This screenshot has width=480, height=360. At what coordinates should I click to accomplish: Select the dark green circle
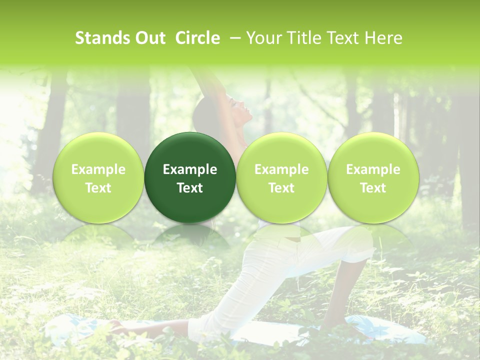click(x=190, y=177)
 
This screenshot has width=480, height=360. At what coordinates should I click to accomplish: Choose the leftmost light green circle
click(x=98, y=177)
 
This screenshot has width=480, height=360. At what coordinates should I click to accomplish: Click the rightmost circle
click(x=373, y=177)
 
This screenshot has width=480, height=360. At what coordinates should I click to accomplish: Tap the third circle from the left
click(x=281, y=177)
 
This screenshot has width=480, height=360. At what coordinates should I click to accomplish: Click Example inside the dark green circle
click(x=190, y=169)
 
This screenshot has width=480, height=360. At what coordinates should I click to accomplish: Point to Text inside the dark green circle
click(x=190, y=188)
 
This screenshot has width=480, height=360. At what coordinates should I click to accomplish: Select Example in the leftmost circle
click(x=98, y=169)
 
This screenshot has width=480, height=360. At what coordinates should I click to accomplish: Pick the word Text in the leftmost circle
click(x=98, y=188)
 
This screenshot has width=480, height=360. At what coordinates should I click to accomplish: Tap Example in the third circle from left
click(x=281, y=169)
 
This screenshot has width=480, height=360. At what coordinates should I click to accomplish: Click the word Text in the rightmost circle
click(x=373, y=188)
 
